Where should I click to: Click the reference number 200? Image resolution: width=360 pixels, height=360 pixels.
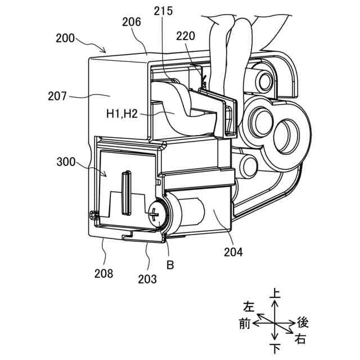(x=65, y=38)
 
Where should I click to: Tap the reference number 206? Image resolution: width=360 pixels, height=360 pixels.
(x=132, y=22)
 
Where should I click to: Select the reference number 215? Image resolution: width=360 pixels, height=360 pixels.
(x=163, y=11)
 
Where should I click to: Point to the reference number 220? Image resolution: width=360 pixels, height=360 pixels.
(x=186, y=36)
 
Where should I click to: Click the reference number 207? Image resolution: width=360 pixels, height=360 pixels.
(x=57, y=96)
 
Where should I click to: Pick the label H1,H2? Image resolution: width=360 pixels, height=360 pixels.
(x=122, y=114)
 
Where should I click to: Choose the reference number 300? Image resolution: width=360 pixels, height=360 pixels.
(x=66, y=162)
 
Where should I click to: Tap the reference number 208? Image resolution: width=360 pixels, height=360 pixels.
(x=103, y=274)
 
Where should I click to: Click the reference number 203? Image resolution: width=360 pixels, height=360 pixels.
(x=147, y=279)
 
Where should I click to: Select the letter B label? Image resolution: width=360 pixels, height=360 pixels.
(x=170, y=265)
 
